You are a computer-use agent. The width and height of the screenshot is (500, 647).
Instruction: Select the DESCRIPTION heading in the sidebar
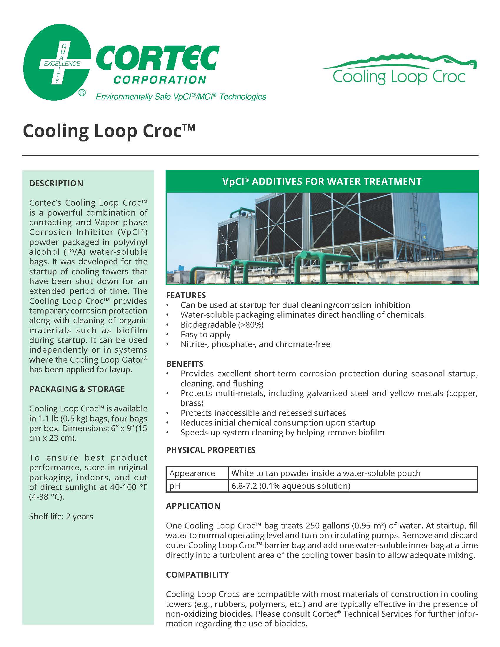click(x=56, y=184)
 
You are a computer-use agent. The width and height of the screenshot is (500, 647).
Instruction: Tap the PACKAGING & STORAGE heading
click(x=77, y=389)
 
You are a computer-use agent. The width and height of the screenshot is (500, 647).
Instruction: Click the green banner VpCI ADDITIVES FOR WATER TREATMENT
click(x=322, y=181)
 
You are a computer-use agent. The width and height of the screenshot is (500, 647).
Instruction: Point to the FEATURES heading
click(x=186, y=295)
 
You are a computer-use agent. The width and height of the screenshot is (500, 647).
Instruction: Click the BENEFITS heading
click(x=185, y=363)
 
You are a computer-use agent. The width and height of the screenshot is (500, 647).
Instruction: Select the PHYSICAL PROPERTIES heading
click(x=211, y=450)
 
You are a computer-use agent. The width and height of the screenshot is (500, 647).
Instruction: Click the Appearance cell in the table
click(x=192, y=473)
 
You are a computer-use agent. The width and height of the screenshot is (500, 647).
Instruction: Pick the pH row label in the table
click(x=175, y=486)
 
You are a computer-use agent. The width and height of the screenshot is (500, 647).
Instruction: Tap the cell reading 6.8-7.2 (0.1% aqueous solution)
click(x=291, y=486)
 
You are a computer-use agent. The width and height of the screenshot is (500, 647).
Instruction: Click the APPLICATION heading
click(x=193, y=506)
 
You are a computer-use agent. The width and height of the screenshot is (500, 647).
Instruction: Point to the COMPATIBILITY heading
click(x=197, y=574)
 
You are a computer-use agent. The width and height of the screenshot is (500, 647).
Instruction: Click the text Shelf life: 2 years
click(x=61, y=516)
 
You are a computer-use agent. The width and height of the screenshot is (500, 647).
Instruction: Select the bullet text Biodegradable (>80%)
click(x=222, y=325)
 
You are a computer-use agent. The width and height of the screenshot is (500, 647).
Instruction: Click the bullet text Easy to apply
click(x=205, y=334)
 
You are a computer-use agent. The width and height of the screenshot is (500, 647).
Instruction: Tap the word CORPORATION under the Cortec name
click(x=160, y=80)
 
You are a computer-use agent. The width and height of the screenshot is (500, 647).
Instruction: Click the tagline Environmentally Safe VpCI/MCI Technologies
click(x=181, y=97)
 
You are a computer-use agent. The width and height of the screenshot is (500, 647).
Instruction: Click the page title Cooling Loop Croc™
click(x=109, y=131)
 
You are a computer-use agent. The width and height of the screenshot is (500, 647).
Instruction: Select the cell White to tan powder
click(x=326, y=473)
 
